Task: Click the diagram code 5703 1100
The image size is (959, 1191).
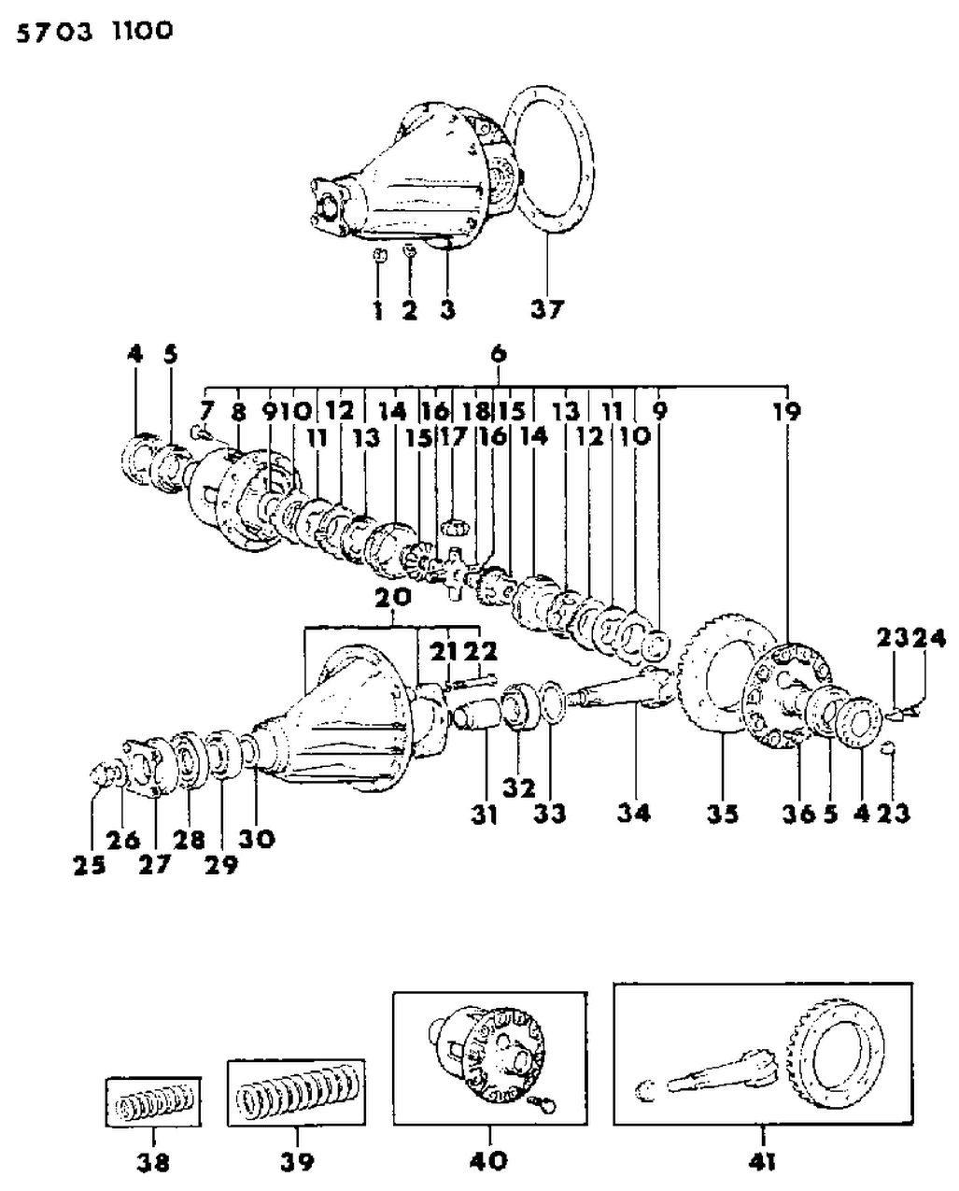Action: pos(91,31)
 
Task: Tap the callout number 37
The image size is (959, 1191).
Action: pos(547,308)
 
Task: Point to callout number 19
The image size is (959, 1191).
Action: pos(786,410)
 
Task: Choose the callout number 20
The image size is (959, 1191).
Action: pos(393,603)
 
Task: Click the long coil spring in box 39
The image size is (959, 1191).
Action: pos(297,1093)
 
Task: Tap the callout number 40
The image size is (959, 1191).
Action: pos(490,1160)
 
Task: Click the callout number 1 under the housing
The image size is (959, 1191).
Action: pos(378,309)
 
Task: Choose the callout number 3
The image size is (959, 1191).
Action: pos(447,309)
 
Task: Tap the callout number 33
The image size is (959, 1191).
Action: pos(550,814)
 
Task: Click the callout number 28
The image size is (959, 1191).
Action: pos(189,839)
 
